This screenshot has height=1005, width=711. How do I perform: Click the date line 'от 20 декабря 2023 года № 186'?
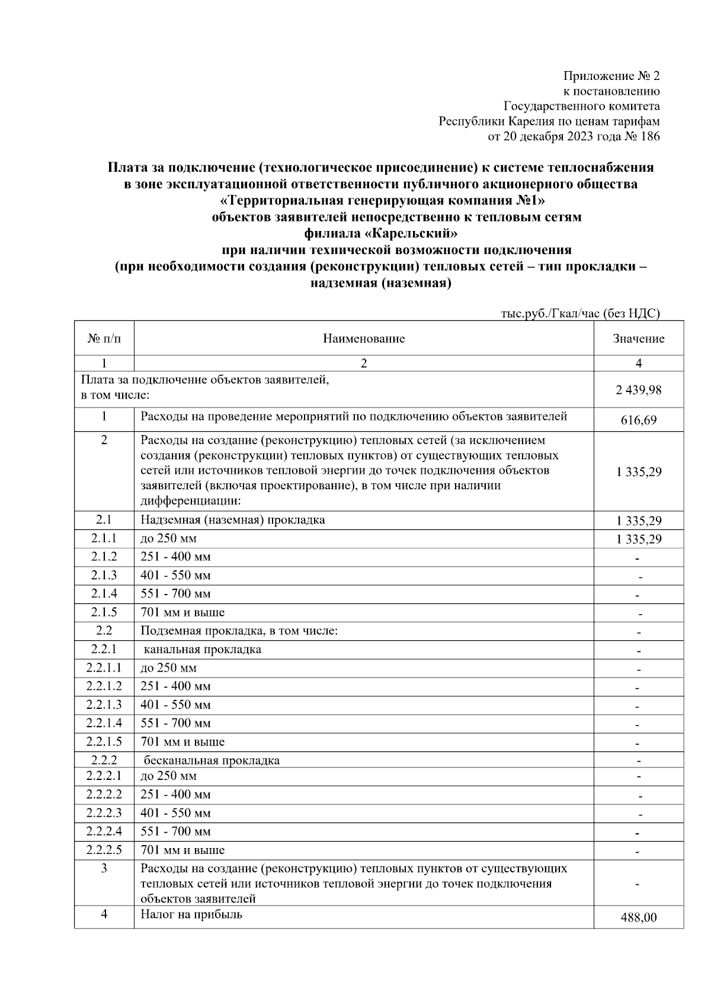[x=573, y=136]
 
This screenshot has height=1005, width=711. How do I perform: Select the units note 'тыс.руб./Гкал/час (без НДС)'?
[x=579, y=313]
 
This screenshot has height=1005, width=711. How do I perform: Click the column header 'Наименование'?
[x=364, y=339]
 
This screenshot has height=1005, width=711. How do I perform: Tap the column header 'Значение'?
[x=638, y=339]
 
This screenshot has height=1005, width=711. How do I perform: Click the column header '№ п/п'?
[x=104, y=339]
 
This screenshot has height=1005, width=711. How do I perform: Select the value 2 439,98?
[x=638, y=390]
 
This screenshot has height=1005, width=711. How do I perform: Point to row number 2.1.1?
[x=104, y=538]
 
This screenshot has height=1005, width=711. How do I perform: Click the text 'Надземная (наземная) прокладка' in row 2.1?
[x=233, y=520]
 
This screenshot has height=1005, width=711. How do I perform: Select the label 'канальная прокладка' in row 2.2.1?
[x=203, y=649]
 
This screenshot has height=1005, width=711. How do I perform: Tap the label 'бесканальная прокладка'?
[x=212, y=760]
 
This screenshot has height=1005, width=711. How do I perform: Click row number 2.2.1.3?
[x=104, y=705]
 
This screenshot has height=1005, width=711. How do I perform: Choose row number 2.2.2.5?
[x=104, y=850]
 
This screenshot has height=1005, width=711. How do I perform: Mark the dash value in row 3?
[x=638, y=884]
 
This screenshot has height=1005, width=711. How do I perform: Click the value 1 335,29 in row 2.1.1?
[x=638, y=539]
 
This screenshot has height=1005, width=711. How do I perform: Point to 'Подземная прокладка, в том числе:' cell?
[x=239, y=631]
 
